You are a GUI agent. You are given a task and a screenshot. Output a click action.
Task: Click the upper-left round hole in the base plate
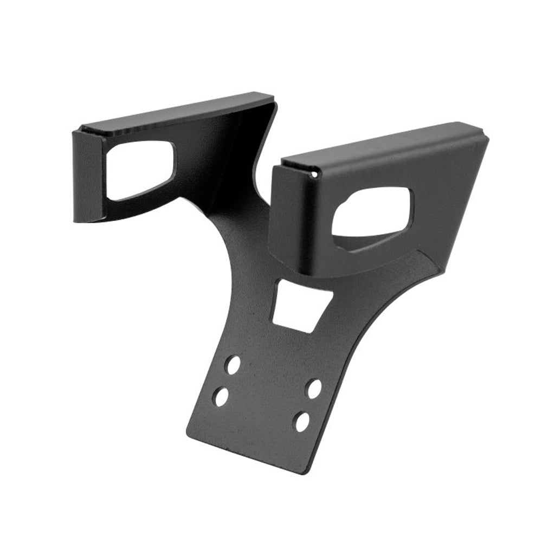click(233, 365)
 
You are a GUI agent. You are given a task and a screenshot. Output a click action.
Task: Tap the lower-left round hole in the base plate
click(221, 397)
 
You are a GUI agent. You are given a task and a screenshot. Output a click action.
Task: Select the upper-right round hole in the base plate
click(314, 388)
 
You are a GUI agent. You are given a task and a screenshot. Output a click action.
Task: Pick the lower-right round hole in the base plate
click(302, 422)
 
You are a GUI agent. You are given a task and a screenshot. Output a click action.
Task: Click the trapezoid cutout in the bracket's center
click(300, 305)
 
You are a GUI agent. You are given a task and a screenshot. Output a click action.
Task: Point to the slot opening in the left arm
click(140, 169)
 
